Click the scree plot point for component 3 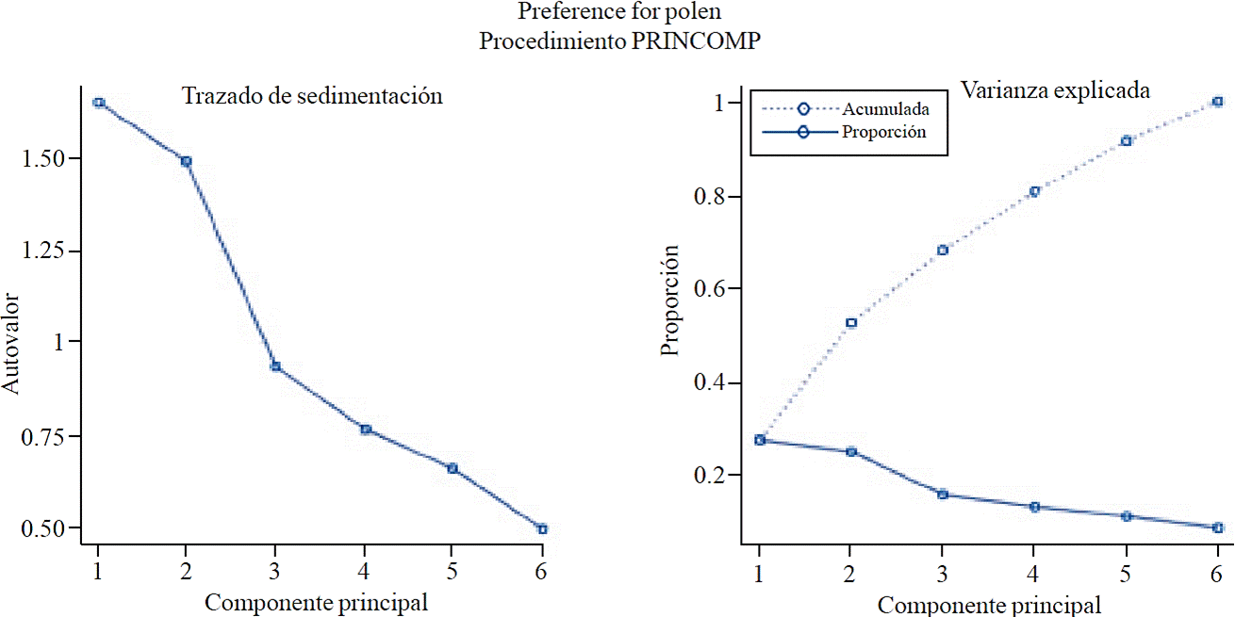[275, 366]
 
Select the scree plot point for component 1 [98, 103]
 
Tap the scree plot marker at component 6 [542, 529]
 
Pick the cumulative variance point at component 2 [850, 323]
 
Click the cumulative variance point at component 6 [1217, 102]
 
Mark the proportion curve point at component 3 [942, 494]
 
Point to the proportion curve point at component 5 [1126, 516]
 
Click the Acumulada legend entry [887, 108]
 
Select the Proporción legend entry [883, 132]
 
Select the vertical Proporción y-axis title [670, 300]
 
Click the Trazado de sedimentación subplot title [312, 96]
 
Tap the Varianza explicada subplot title [1055, 90]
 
